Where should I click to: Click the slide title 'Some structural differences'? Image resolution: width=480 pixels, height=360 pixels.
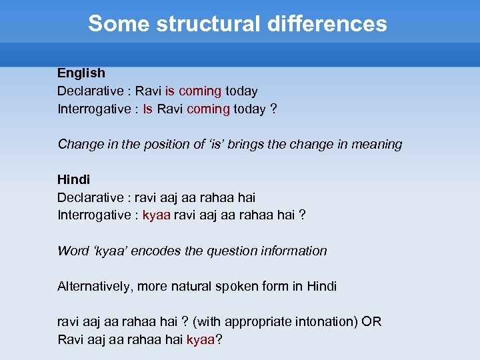237,24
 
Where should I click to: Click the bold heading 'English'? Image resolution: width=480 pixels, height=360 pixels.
81,73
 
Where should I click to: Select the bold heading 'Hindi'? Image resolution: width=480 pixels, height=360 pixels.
73,180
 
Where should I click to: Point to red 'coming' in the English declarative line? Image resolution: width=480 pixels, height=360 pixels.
200,91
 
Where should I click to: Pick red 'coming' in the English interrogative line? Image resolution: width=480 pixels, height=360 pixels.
208,109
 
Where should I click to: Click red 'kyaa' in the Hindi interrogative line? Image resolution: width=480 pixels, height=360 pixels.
157,215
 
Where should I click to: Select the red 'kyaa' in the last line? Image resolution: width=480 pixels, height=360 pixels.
201,340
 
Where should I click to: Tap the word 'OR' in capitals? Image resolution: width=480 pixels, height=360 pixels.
371,322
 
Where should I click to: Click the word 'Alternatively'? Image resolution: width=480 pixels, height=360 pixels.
95,287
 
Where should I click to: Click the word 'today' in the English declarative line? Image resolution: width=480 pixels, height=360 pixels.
241,91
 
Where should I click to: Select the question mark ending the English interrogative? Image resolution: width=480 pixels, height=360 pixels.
273,109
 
